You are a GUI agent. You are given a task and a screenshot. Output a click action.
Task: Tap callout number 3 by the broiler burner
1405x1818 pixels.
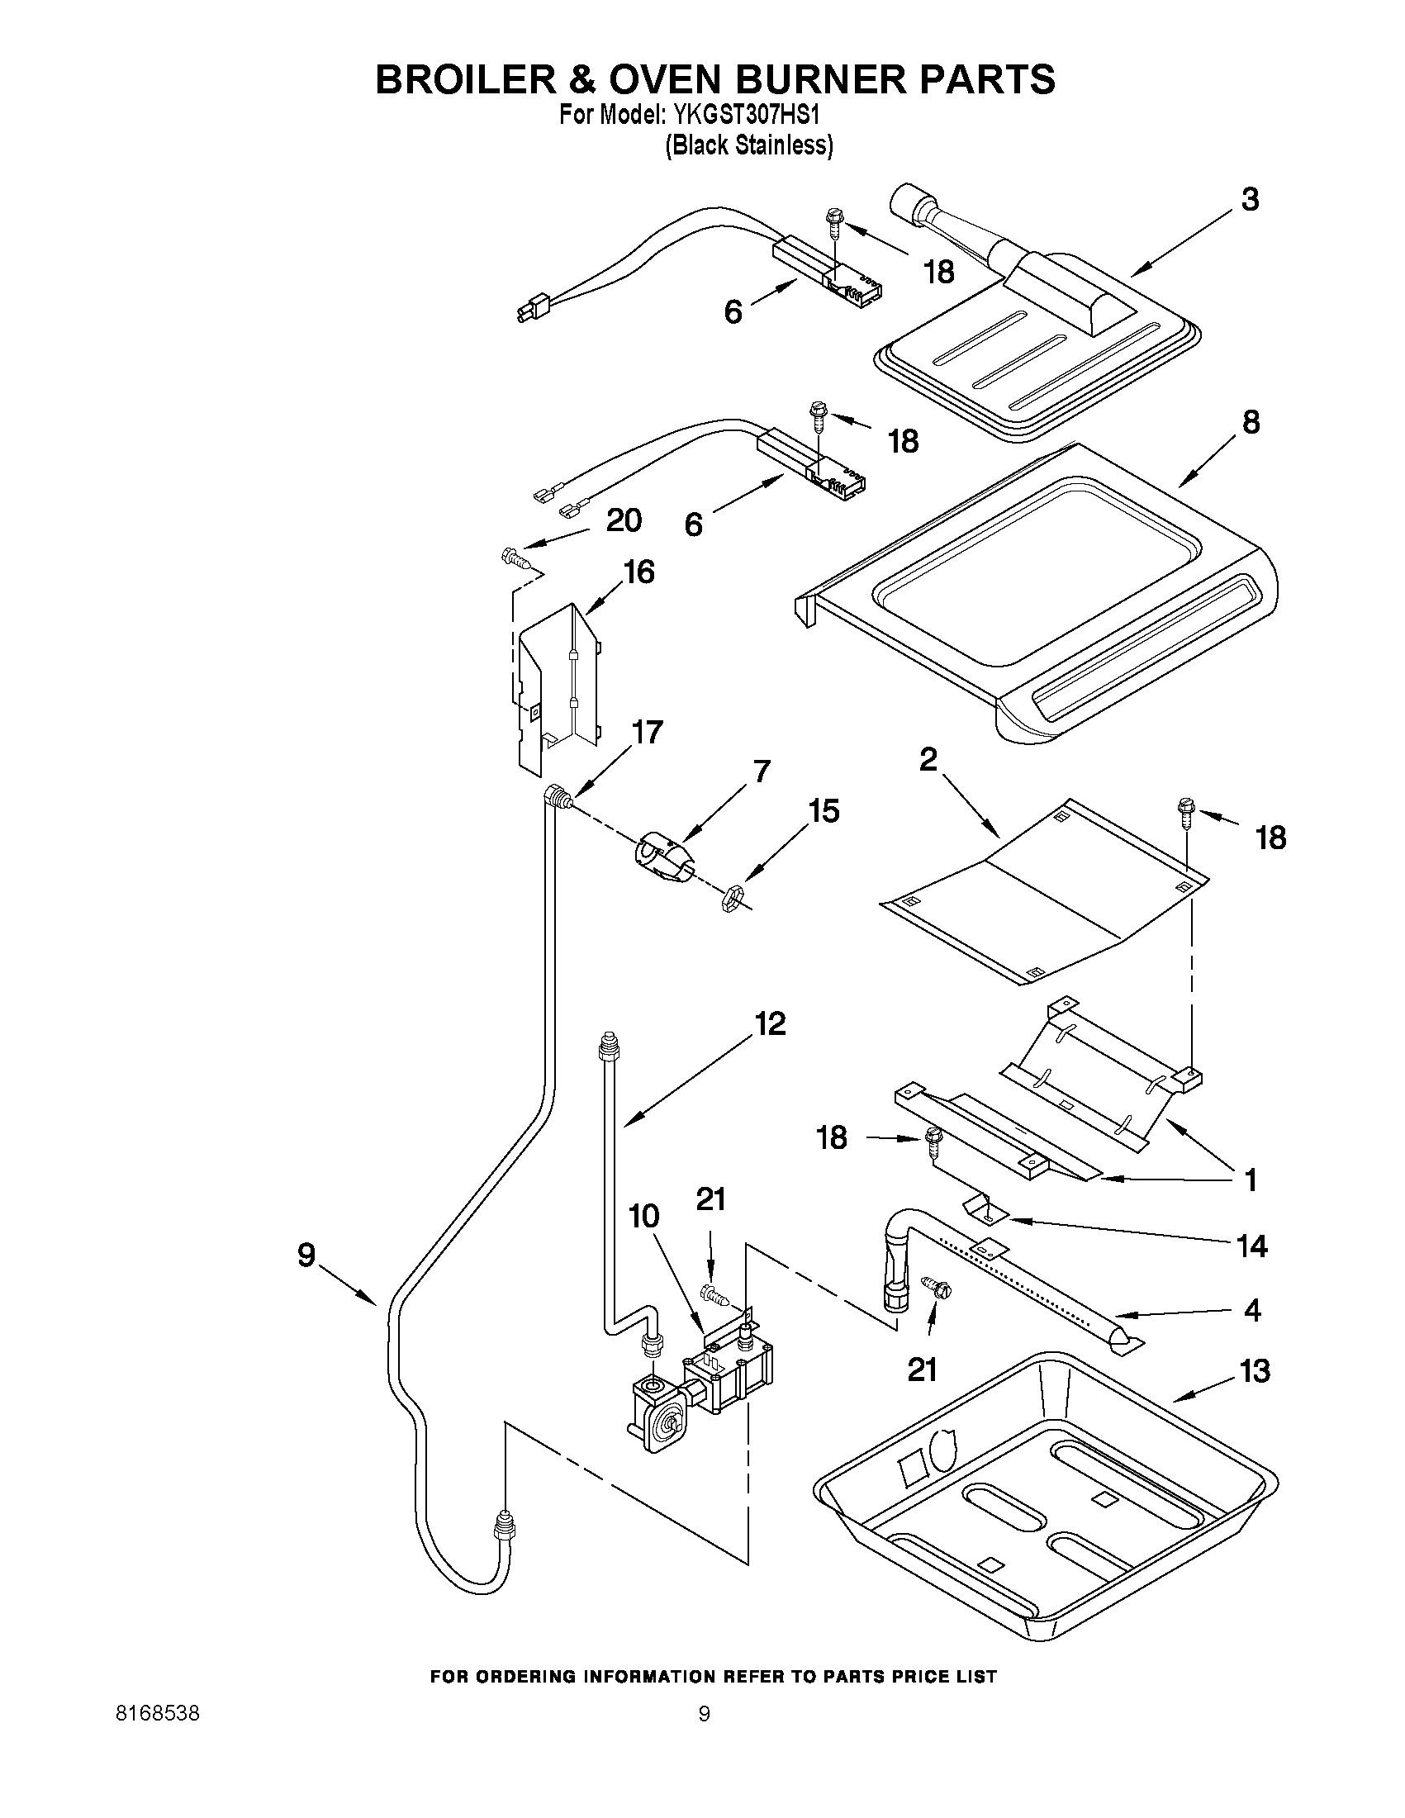1250,201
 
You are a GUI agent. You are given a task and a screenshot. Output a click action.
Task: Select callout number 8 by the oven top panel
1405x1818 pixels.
1251,423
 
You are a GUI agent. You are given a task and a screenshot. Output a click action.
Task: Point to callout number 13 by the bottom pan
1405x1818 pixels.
1255,1371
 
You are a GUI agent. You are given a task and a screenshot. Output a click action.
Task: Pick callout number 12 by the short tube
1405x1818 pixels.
770,1024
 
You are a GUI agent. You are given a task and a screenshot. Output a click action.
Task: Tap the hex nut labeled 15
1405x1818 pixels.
730,899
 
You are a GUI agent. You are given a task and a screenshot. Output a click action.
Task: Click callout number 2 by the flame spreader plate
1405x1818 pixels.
928,759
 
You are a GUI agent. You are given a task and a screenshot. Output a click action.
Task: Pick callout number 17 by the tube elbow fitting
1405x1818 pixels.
647,733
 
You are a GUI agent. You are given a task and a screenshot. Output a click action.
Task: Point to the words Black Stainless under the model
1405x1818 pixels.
749,145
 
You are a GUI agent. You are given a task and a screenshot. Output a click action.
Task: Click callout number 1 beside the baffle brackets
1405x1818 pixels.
1250,1180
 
